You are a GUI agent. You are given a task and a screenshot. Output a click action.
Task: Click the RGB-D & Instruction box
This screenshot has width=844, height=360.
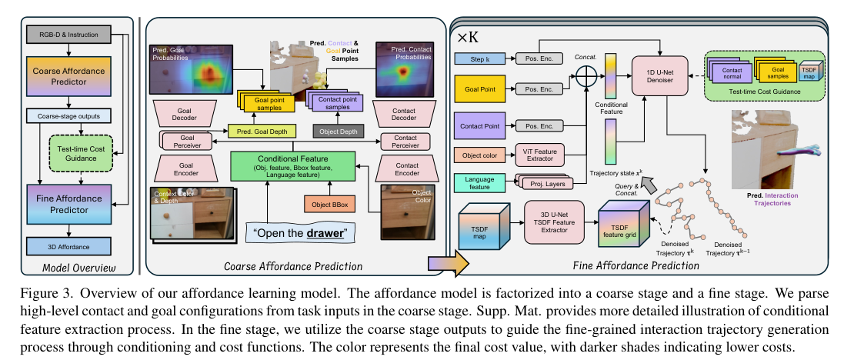tap(69, 35)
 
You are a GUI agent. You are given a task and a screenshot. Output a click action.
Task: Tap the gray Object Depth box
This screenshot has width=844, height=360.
tap(338, 132)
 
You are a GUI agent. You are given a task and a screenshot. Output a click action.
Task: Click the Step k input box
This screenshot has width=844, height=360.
tap(478, 58)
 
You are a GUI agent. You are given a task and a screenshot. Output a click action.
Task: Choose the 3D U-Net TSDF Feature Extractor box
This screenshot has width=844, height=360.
tap(551, 219)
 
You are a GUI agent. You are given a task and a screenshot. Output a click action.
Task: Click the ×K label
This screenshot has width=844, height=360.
tap(470, 36)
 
